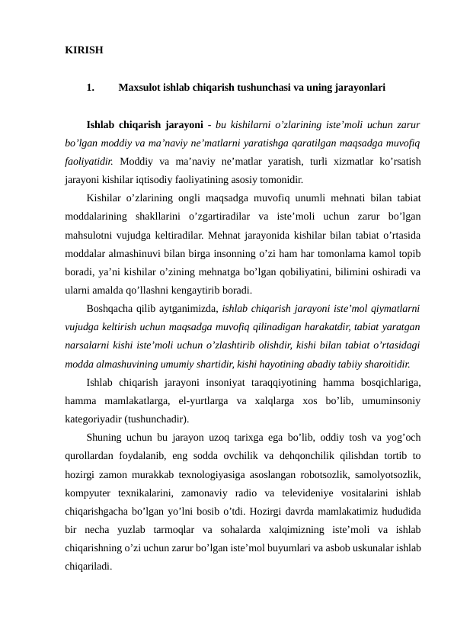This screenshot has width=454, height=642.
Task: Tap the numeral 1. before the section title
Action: (91, 88)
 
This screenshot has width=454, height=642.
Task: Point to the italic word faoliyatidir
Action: (91, 161)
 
